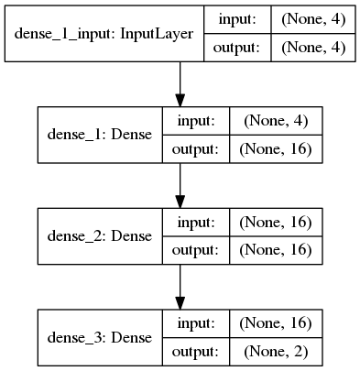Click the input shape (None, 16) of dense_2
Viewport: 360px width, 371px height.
point(277,221)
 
